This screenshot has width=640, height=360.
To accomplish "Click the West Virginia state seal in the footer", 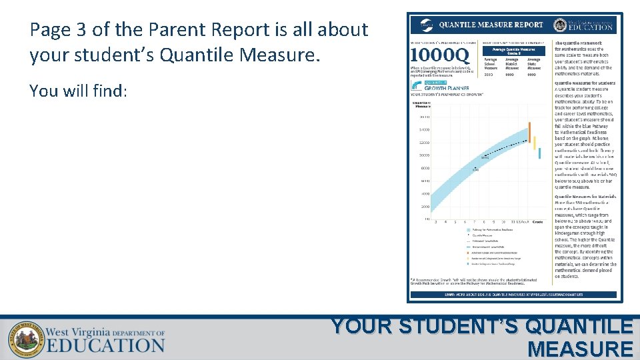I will pyautogui.click(x=27, y=337).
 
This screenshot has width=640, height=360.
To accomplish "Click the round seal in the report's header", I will pyautogui.click(x=560, y=25).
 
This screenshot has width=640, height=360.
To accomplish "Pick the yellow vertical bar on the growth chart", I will pyautogui.click(x=534, y=143).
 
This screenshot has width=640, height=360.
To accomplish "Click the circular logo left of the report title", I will pyautogui.click(x=425, y=25).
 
